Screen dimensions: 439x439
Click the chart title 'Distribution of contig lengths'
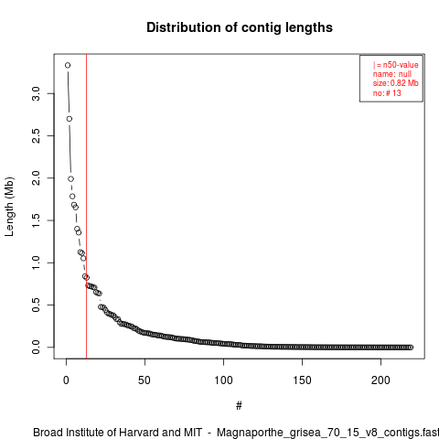240,27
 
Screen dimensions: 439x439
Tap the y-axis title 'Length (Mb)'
9,207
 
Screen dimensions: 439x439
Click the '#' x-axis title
239,406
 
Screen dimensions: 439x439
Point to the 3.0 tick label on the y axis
36,93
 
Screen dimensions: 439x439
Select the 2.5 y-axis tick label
36,135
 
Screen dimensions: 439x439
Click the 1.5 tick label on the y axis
36,220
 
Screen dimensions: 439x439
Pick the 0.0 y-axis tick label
36,348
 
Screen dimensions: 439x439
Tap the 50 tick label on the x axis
145,380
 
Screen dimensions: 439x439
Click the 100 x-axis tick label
223,380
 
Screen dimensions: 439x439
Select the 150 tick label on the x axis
302,380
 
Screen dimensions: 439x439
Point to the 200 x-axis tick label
380,380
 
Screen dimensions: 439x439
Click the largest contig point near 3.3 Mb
68,65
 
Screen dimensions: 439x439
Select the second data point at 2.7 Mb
70,119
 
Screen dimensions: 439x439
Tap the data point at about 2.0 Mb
70,179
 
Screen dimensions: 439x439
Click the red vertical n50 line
87,207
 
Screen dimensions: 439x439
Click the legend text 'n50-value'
401,65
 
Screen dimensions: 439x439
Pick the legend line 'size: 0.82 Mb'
395,83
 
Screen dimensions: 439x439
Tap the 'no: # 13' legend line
387,93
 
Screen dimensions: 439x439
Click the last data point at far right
411,348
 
